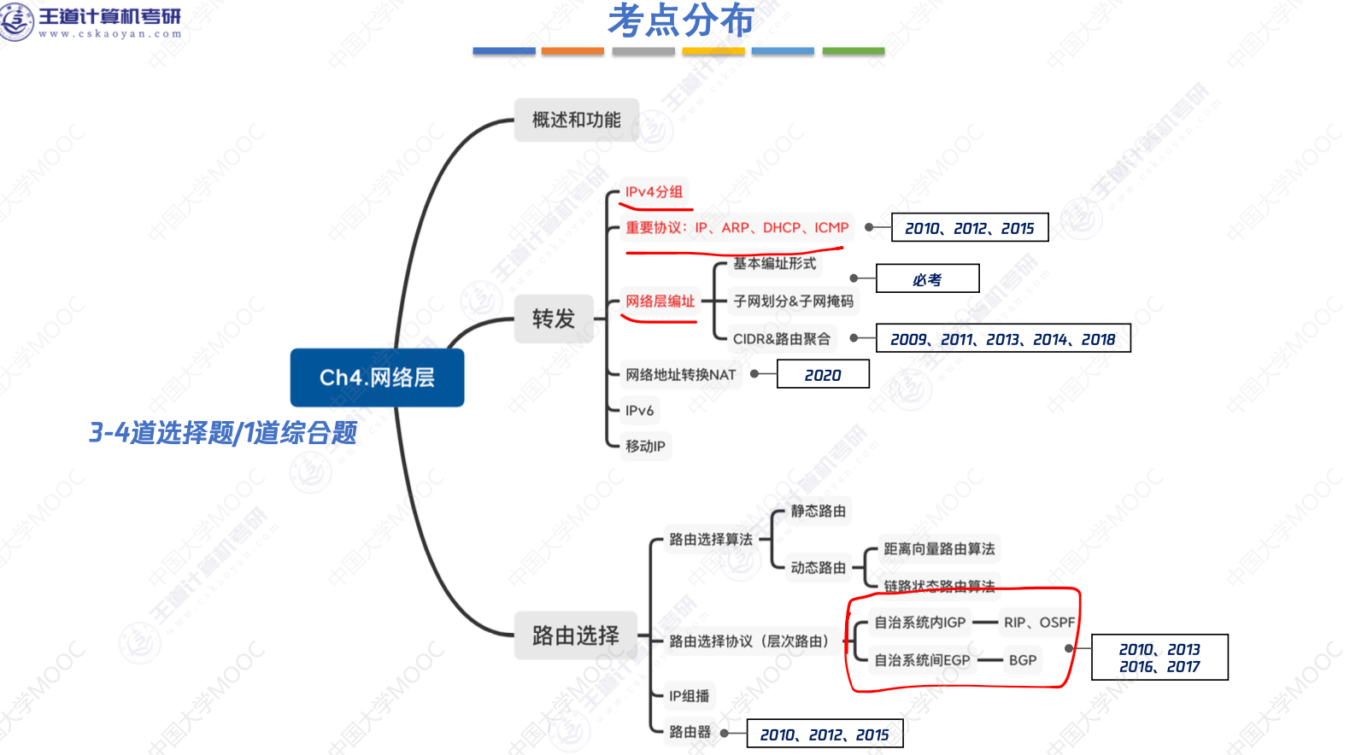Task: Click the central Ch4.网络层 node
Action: pyautogui.click(x=377, y=377)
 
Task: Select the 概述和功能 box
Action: pyautogui.click(x=576, y=120)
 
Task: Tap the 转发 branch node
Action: pyautogui.click(x=553, y=319)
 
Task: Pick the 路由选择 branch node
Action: pyautogui.click(x=575, y=635)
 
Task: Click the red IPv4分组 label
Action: pyautogui.click(x=654, y=192)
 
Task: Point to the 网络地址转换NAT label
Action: pyautogui.click(x=680, y=375)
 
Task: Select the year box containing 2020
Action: pyautogui.click(x=822, y=375)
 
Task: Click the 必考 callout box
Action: pyautogui.click(x=927, y=279)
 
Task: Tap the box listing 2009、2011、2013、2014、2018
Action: pyautogui.click(x=1002, y=339)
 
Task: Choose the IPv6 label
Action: pyautogui.click(x=639, y=411)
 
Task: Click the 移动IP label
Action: pyautogui.click(x=645, y=446)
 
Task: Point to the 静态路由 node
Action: pyautogui.click(x=818, y=511)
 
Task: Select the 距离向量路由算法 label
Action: pyautogui.click(x=939, y=548)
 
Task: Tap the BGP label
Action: pyautogui.click(x=1022, y=660)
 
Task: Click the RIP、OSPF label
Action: pyautogui.click(x=1039, y=623)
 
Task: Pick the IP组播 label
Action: pyautogui.click(x=689, y=696)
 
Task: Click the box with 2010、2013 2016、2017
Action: pyautogui.click(x=1159, y=658)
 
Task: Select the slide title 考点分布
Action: pyautogui.click(x=680, y=21)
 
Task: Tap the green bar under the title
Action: pyautogui.click(x=853, y=51)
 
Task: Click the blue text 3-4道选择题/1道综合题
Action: pyautogui.click(x=223, y=433)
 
